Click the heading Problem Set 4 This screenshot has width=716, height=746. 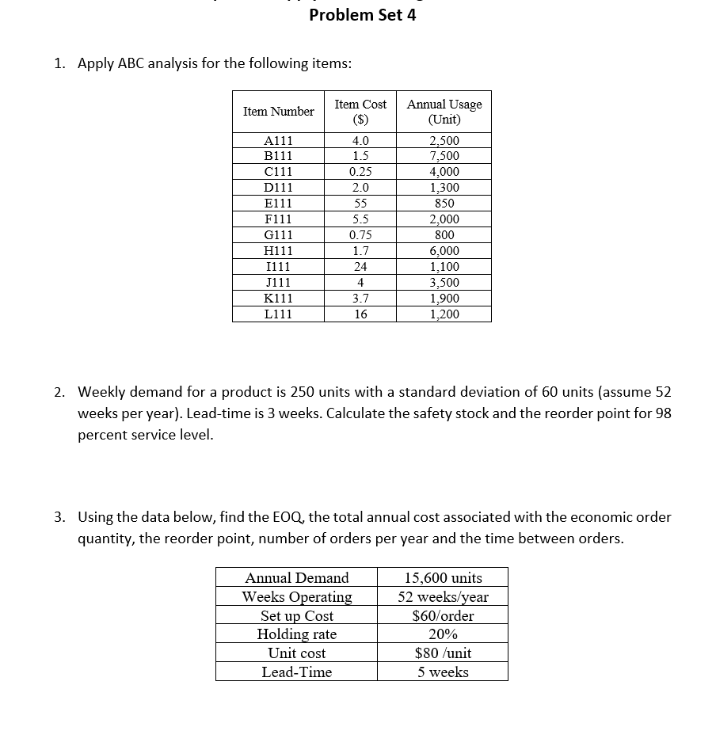[x=362, y=15]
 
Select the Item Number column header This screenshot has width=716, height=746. [x=278, y=112]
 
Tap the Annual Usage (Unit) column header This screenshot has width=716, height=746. [x=444, y=112]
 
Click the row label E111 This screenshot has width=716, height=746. [x=278, y=204]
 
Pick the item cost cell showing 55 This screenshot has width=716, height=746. [x=360, y=204]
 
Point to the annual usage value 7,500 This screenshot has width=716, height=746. [x=444, y=156]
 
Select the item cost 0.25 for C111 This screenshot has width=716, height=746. [x=360, y=172]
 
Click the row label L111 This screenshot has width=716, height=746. [x=278, y=314]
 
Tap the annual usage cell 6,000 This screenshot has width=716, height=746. [x=444, y=251]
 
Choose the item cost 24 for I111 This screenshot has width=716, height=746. [x=360, y=267]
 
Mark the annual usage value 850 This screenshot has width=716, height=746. [x=444, y=204]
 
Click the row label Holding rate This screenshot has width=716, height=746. [x=297, y=634]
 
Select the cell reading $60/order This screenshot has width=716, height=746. [x=443, y=615]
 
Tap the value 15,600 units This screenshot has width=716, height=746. [x=443, y=578]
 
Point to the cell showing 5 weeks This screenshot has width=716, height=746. [x=443, y=672]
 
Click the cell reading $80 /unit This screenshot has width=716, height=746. [x=443, y=653]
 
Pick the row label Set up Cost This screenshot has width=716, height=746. [x=297, y=615]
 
